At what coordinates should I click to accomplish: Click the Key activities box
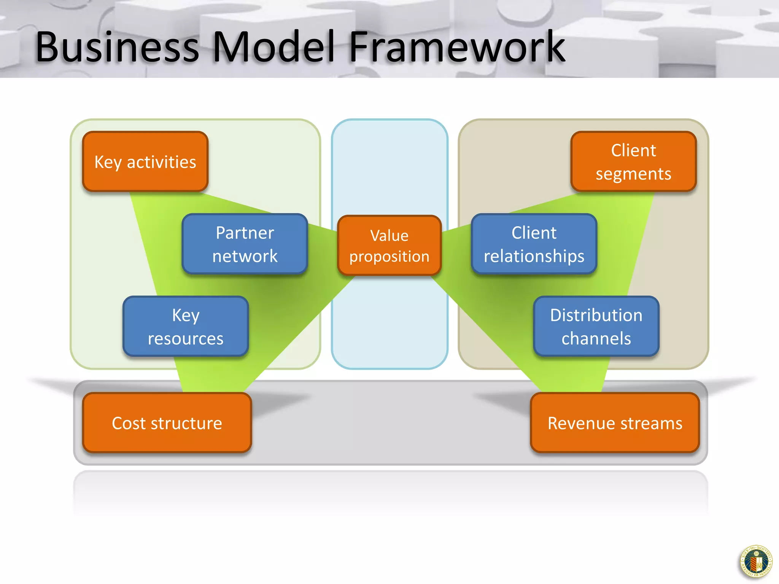pyautogui.click(x=145, y=162)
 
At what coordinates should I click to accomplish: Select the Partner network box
pyautogui.click(x=245, y=244)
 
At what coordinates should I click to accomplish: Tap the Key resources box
pyautogui.click(x=186, y=326)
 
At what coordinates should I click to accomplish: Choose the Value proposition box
pyautogui.click(x=389, y=245)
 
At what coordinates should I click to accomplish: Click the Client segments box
pyautogui.click(x=633, y=162)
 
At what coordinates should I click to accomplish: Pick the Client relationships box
pyautogui.click(x=534, y=244)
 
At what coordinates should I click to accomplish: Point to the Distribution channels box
pyautogui.click(x=596, y=326)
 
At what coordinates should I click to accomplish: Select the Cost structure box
pyautogui.click(x=167, y=423)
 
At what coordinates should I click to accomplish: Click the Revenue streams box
pyautogui.click(x=615, y=423)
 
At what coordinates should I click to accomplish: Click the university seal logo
pyautogui.click(x=756, y=562)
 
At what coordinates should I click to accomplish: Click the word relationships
pyautogui.click(x=534, y=256)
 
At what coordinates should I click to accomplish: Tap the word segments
pyautogui.click(x=633, y=174)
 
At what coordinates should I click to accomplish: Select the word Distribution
pyautogui.click(x=596, y=315)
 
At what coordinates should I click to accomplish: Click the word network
pyautogui.click(x=245, y=256)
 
